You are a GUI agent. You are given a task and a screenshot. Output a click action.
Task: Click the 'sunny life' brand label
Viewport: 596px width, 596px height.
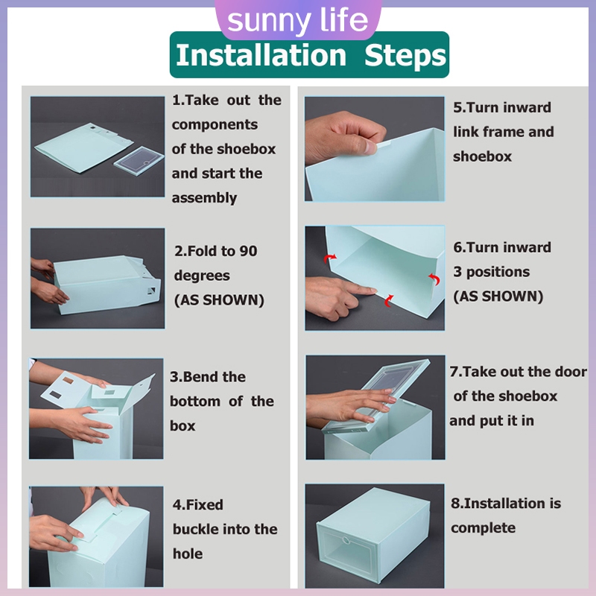point(297,20)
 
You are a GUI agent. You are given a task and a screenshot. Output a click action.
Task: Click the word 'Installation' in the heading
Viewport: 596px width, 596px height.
point(261,55)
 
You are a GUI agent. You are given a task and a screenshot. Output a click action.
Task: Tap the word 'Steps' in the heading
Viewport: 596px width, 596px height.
point(405,56)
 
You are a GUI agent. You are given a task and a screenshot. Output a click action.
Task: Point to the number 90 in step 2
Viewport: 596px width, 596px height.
point(248,251)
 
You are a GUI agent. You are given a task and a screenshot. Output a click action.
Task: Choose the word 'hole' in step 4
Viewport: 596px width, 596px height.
point(188,554)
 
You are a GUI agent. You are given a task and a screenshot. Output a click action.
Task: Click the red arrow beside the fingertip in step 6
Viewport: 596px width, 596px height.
point(389,301)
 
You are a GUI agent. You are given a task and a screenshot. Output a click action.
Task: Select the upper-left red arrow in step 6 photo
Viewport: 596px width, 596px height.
point(329,259)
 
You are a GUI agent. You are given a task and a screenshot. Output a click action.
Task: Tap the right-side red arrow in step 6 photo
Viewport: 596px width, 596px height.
point(434,279)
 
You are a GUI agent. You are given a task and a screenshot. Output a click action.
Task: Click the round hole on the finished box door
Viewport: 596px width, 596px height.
point(346,540)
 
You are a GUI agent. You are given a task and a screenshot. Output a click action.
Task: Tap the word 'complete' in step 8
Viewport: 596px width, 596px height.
point(483,528)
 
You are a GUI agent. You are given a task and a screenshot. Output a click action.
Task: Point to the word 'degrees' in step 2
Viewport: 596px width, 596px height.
point(202,276)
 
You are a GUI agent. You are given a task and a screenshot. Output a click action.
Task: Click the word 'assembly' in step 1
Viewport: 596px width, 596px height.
point(204,198)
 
